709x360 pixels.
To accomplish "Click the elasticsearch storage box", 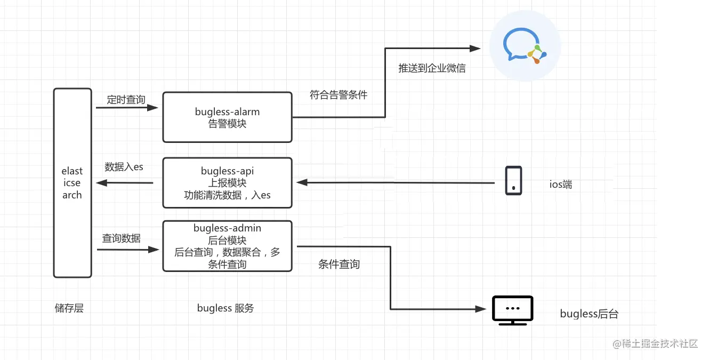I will [72, 183].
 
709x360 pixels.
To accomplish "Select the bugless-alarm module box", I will [227, 117].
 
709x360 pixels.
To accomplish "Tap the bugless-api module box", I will [227, 183].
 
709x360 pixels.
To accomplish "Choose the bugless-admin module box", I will [227, 246].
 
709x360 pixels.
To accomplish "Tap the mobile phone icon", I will [513, 181].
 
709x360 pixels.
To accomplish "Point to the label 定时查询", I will [126, 99].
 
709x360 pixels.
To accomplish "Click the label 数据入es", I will [124, 167].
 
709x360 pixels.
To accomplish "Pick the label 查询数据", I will [122, 238].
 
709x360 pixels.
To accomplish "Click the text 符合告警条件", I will [339, 95].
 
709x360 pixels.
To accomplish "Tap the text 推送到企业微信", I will [432, 68].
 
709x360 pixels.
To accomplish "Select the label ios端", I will [561, 185].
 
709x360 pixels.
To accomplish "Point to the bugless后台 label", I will [589, 314].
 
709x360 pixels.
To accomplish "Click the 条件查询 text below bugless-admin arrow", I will [339, 264].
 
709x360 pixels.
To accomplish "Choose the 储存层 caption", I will [69, 308].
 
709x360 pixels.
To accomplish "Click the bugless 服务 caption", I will [225, 308].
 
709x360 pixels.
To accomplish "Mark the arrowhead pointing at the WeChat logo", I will [476, 49].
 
